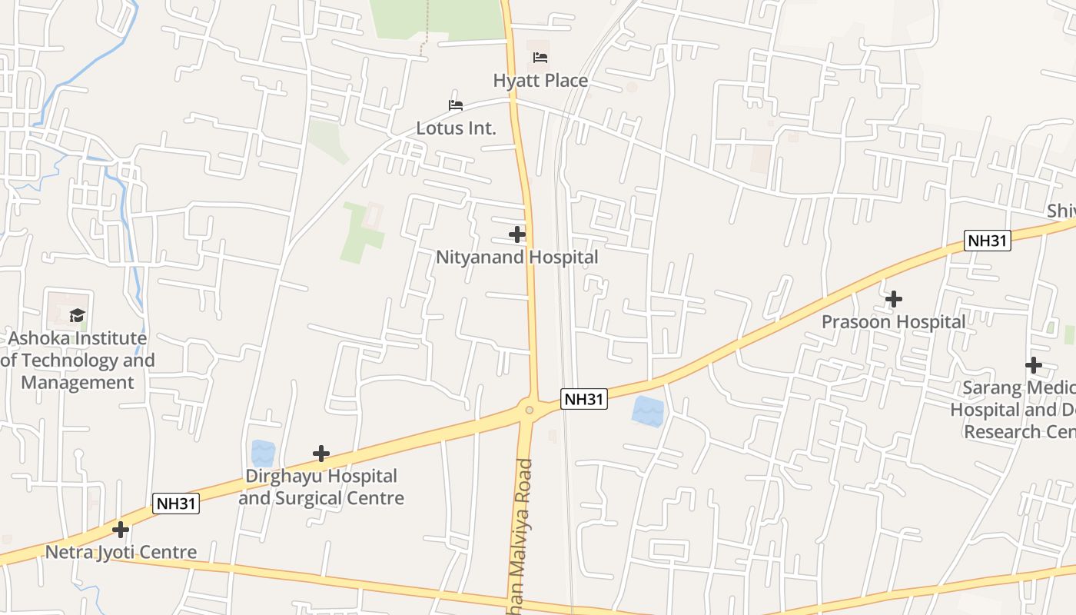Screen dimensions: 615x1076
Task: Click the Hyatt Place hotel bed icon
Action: (x=540, y=58)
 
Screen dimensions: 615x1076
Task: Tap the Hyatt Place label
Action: (x=540, y=81)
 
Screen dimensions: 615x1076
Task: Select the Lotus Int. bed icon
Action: (x=456, y=105)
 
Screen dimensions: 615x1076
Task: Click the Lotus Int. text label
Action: (x=456, y=128)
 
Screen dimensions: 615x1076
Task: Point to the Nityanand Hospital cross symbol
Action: (x=517, y=234)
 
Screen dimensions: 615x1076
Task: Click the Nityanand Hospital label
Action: (x=516, y=258)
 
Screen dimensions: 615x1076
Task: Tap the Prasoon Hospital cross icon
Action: (x=893, y=299)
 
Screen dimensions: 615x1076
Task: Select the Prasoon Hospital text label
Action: (x=893, y=322)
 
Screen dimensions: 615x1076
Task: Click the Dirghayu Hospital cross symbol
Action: (x=321, y=454)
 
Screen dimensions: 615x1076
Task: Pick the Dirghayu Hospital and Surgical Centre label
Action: (x=321, y=487)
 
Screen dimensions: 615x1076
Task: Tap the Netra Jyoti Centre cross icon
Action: (x=121, y=530)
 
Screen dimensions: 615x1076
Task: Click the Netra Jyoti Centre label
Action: (x=121, y=553)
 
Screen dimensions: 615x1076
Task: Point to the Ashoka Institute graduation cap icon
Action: (x=77, y=315)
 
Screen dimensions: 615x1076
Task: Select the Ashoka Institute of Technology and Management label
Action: (x=78, y=361)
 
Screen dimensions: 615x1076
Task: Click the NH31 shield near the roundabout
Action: (x=584, y=399)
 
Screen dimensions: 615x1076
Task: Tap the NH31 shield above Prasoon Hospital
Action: (x=987, y=241)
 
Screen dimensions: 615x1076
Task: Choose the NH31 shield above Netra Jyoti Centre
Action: (x=176, y=504)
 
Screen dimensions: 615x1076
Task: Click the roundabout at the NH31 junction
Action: (x=529, y=410)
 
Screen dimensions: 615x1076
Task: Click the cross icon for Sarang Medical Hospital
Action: (x=1034, y=365)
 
